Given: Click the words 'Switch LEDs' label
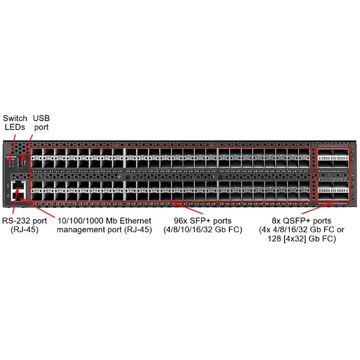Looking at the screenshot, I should point(15,122).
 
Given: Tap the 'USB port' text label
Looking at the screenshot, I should point(41,122).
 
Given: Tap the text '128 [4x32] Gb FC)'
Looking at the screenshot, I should point(301,238).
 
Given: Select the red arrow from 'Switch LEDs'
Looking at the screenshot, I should point(12,144).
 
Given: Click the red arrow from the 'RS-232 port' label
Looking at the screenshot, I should point(14,202).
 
